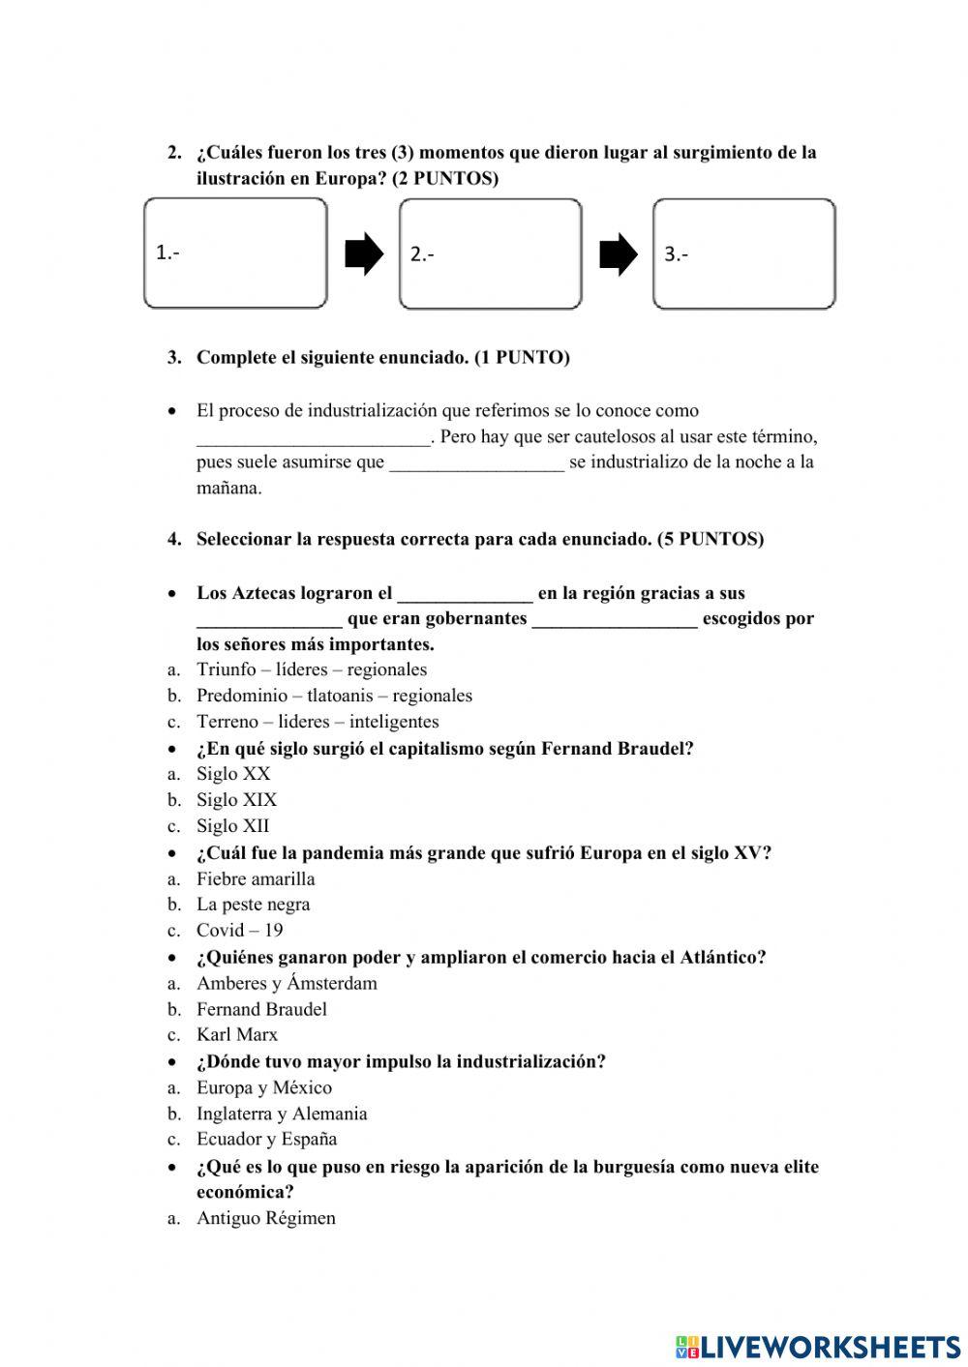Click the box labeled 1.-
235,253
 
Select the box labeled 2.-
490,253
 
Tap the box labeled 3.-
743,253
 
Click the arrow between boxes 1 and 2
364,255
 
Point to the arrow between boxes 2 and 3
619,255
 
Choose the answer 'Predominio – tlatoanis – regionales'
334,696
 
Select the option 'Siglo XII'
232,826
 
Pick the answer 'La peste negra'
253,905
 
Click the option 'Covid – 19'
239,931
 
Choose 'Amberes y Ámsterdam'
287,983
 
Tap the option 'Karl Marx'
236,1035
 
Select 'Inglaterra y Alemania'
282,1114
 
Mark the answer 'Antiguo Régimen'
265,1218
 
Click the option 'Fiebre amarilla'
256,878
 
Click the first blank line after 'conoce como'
313,438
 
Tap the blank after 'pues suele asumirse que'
476,463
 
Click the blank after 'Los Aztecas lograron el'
465,594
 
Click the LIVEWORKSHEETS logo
818,1346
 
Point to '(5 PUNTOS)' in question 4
711,539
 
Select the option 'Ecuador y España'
266,1139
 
